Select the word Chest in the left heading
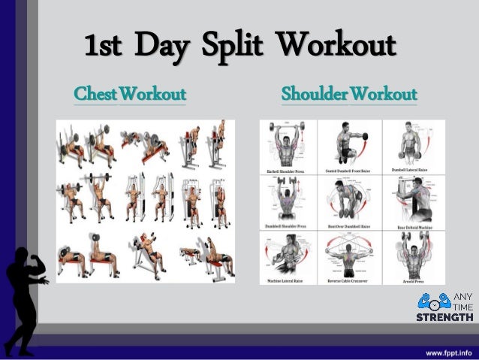pyautogui.click(x=95, y=95)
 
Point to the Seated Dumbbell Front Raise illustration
pyautogui.click(x=349, y=144)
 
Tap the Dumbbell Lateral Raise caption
pyautogui.click(x=412, y=171)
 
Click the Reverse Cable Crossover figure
pyautogui.click(x=349, y=256)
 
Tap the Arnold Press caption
pyautogui.click(x=412, y=280)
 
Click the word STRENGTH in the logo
pyautogui.click(x=444, y=316)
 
